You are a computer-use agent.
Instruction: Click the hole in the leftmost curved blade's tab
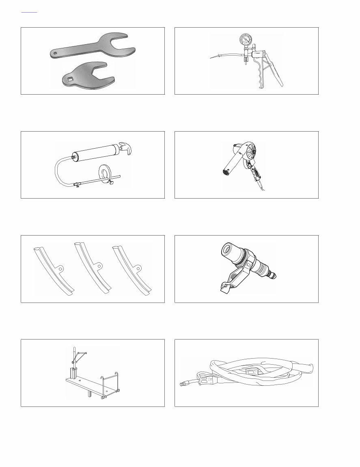tap(60, 268)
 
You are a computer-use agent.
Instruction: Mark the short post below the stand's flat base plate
tap(88, 394)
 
